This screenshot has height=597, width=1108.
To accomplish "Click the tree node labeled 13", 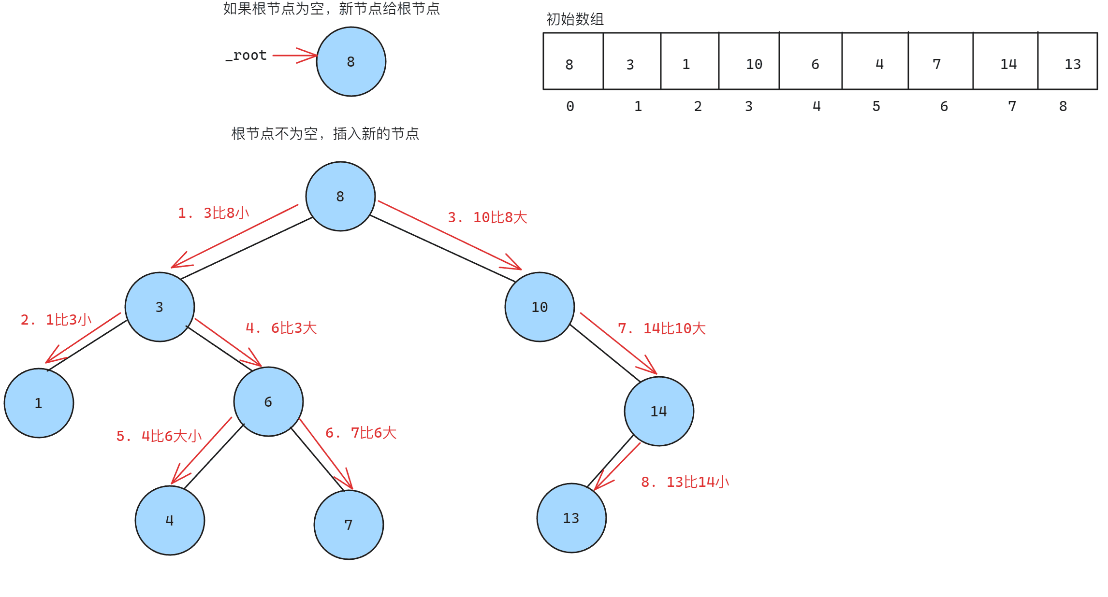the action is point(571,518).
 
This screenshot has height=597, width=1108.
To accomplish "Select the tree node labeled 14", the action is point(659,411).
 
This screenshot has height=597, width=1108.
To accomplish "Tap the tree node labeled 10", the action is point(539,307).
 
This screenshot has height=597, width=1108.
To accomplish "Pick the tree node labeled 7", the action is point(349,525).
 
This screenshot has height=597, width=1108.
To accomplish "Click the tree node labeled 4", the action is point(170,520).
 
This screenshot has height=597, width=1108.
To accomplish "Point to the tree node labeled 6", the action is point(268,401).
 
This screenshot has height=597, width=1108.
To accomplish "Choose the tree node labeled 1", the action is point(39,403).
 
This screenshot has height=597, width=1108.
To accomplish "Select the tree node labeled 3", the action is point(160,307).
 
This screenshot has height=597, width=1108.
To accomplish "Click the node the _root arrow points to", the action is point(351,61).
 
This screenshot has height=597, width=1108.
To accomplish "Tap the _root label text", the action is point(246,56).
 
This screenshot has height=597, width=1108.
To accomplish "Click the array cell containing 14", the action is point(1006,61).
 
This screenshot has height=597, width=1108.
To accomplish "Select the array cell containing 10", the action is point(749,61).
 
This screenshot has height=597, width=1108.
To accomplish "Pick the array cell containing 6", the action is point(811,61).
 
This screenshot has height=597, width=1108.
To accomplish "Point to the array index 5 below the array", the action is point(876,106).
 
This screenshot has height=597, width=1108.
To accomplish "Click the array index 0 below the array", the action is point(570,106).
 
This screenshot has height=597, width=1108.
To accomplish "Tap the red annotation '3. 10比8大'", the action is point(487,217).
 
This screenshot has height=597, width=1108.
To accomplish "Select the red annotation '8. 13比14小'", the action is point(685,482).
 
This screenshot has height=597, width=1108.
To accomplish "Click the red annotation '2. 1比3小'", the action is point(56,319).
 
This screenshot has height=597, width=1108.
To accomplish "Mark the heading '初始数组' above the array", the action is point(575,19).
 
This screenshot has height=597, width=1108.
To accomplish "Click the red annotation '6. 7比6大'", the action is point(361,432).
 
